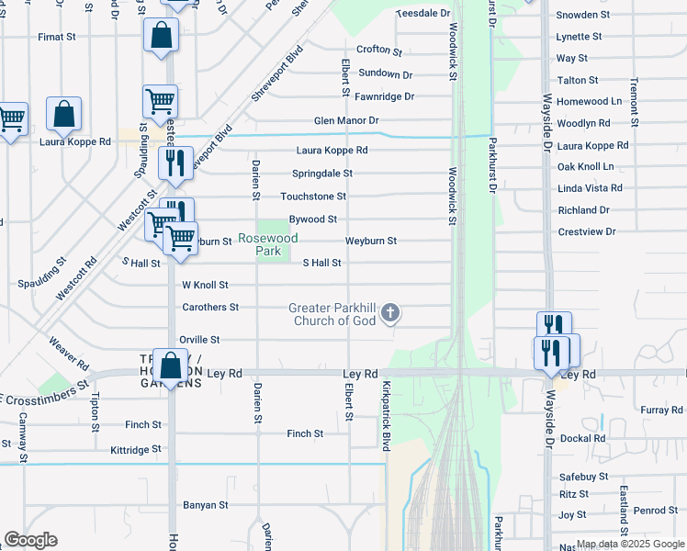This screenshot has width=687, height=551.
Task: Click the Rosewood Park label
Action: pos(268,243)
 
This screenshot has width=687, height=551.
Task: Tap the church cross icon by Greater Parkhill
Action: pos(390,314)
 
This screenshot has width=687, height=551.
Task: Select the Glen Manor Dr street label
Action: pos(346,120)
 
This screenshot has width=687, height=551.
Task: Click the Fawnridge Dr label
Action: pos(385,96)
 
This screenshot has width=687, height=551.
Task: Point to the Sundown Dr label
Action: pos(385,73)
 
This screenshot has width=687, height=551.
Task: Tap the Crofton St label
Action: pos(380,51)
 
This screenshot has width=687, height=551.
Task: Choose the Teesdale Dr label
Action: pos(423,14)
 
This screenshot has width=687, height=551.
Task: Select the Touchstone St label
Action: pos(313,197)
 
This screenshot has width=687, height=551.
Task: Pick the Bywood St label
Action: pos(313,219)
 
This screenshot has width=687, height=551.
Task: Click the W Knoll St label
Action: pos(205,286)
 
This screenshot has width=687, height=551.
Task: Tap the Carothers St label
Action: pos(210,307)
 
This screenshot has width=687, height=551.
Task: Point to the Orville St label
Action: pos(199,340)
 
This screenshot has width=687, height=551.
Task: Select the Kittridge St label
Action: pos(135,450)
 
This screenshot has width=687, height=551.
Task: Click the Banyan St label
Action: pos(205,505)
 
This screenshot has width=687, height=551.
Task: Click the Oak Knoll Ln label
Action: pos(585,166)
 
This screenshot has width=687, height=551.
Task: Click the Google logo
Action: pos(30,540)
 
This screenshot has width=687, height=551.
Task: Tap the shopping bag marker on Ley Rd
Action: pos(171,365)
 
